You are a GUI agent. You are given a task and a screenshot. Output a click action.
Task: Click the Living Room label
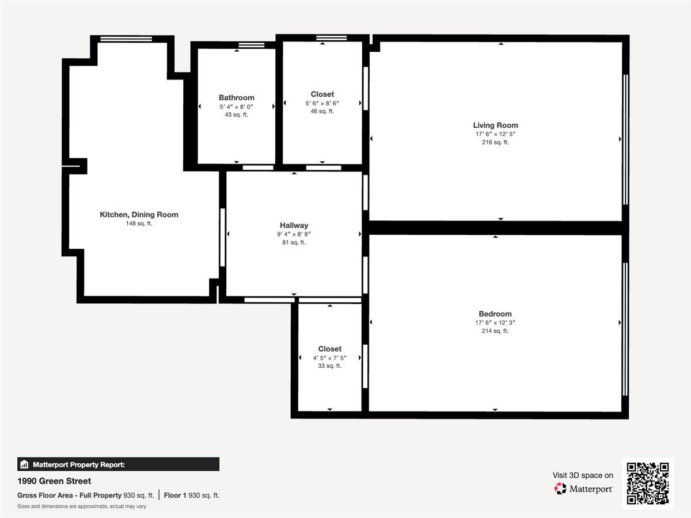pyautogui.click(x=495, y=125)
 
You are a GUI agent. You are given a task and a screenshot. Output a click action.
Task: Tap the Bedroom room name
pyautogui.click(x=495, y=314)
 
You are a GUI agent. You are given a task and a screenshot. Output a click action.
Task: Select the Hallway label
pyautogui.click(x=294, y=226)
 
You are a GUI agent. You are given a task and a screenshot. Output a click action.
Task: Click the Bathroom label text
pyautogui.click(x=236, y=98)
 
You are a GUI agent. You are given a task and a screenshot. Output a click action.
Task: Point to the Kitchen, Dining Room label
pyautogui.click(x=139, y=215)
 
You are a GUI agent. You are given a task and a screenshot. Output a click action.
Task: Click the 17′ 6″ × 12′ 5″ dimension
pyautogui.click(x=495, y=134)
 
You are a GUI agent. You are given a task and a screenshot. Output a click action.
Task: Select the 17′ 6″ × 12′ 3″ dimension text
pyautogui.click(x=495, y=323)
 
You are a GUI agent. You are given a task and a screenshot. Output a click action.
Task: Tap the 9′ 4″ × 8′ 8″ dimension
pyautogui.click(x=294, y=234)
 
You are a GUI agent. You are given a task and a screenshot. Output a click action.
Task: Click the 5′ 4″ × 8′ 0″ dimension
pyautogui.click(x=236, y=106)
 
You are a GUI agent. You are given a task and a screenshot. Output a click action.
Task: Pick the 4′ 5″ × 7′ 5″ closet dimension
pyautogui.click(x=329, y=357)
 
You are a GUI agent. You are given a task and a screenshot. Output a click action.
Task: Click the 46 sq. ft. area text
pyautogui.click(x=322, y=111)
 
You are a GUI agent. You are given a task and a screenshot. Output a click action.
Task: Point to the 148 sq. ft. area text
pyautogui.click(x=139, y=223)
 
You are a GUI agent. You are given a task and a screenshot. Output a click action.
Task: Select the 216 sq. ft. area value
pyautogui.click(x=495, y=142)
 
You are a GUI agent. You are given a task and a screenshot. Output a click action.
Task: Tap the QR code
pyautogui.click(x=648, y=483)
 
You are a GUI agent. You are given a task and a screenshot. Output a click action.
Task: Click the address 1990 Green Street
pyautogui.click(x=54, y=481)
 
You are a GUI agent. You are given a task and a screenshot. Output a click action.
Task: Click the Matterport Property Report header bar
pyautogui.click(x=118, y=464)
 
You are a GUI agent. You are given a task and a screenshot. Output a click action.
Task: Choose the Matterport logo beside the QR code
pyautogui.click(x=583, y=489)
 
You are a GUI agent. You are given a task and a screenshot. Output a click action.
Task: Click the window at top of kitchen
pyautogui.click(x=126, y=39)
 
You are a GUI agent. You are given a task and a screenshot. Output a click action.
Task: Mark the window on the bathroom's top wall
pyautogui.click(x=251, y=45)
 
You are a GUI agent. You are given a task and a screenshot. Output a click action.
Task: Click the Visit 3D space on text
pyautogui.click(x=583, y=475)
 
